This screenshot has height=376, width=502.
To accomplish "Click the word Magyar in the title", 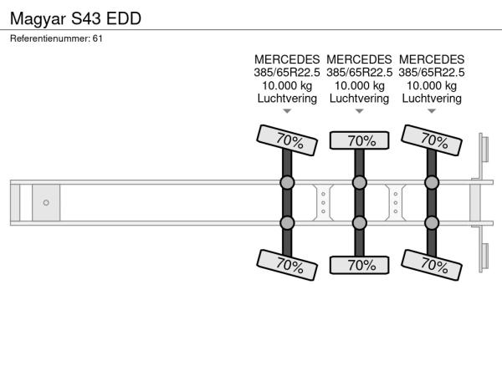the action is [x=38, y=19].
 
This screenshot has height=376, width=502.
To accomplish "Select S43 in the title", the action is [x=86, y=18].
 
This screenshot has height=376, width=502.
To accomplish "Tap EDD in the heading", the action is [x=124, y=18].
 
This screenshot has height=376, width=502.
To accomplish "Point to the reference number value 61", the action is [x=98, y=38].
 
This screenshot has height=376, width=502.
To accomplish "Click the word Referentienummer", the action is [x=49, y=38].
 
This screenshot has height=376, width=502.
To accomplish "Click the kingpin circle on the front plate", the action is [x=46, y=203].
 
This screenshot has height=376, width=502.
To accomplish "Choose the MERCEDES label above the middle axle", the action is [x=359, y=59].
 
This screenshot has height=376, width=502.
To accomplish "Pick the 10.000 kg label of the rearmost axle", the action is [x=432, y=86].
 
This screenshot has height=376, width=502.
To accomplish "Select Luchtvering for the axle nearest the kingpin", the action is [x=287, y=98].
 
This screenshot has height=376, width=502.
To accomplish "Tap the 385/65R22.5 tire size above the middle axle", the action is [x=359, y=73].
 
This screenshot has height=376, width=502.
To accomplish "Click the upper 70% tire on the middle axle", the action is [x=359, y=140].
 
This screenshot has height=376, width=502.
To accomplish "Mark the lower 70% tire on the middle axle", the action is [x=359, y=265].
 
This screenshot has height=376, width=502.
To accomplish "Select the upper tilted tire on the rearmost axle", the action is [x=432, y=140].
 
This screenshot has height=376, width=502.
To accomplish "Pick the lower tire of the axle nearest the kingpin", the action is [x=287, y=265].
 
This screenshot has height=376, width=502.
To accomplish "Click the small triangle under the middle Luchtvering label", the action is [x=359, y=111].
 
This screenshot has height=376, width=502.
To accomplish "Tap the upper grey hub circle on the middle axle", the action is [x=359, y=182].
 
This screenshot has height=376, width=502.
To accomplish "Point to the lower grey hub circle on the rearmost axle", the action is [x=432, y=223].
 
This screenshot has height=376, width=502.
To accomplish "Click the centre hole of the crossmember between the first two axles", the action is [x=323, y=203].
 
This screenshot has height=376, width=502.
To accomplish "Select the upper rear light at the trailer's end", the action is [x=485, y=150].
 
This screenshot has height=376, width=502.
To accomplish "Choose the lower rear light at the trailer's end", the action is [x=485, y=257].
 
